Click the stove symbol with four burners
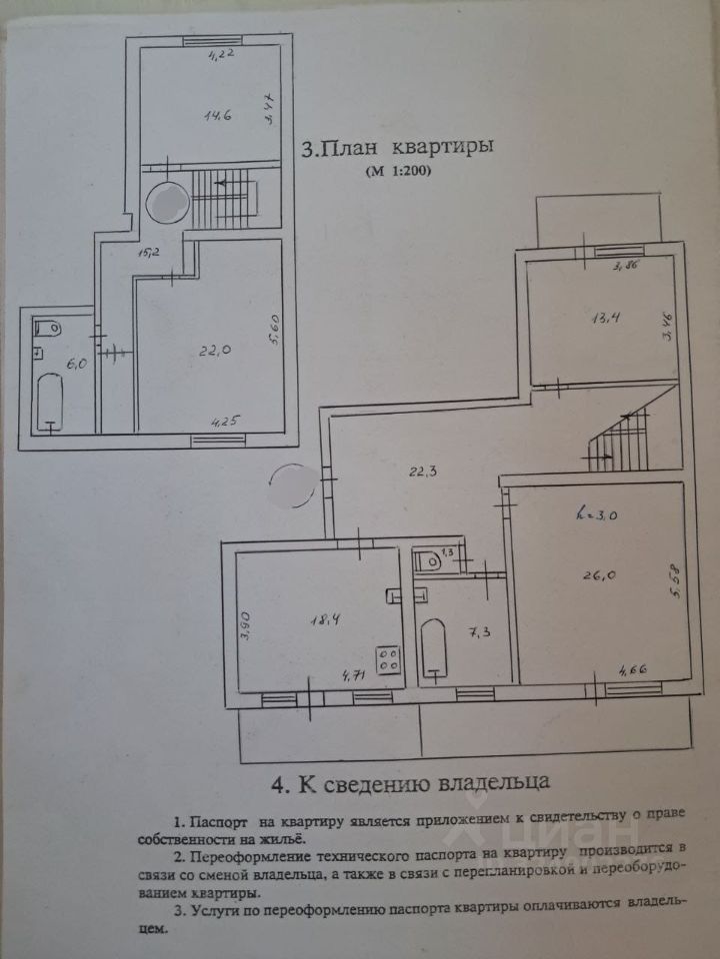pos(388,659)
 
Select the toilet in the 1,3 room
pos(425,559)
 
